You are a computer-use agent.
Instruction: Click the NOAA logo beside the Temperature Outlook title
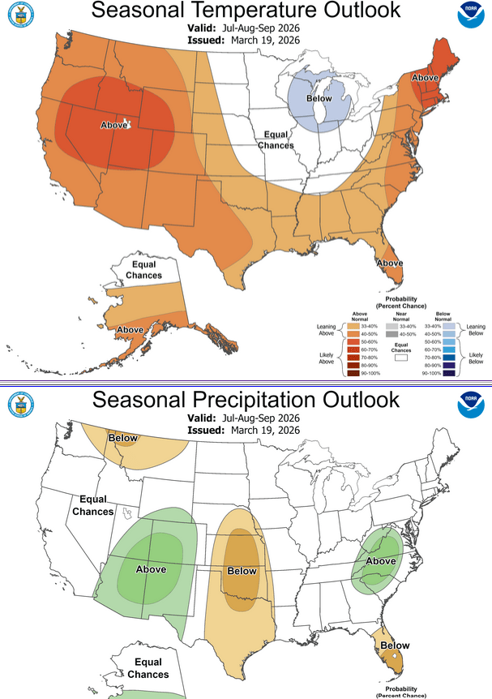point(470,16)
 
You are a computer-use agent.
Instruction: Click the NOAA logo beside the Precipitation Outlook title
point(470,382)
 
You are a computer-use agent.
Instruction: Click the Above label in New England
point(426,77)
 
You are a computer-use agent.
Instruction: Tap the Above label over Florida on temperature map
point(390,263)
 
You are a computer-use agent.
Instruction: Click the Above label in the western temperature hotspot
point(113,125)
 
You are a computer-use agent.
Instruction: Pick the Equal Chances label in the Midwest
point(276,139)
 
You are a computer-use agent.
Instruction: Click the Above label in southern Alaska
point(130,330)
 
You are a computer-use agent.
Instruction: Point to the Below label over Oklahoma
point(242,571)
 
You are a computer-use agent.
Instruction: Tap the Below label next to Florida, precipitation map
point(396,645)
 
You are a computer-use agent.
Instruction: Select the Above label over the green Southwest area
point(151,569)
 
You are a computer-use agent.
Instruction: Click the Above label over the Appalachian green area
point(381,561)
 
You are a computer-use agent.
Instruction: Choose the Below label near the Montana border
point(124,439)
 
